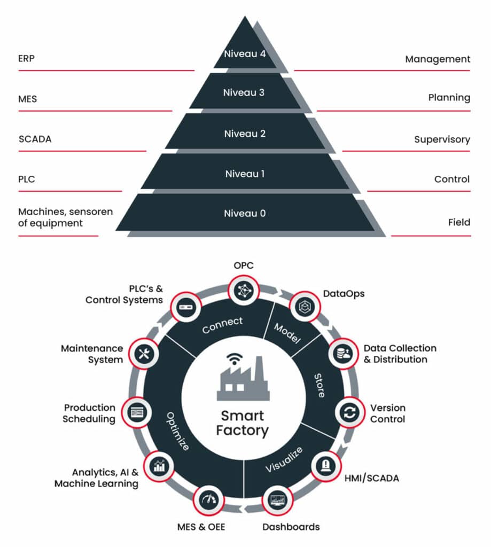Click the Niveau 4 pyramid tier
click(x=245, y=53)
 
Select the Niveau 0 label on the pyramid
click(x=245, y=213)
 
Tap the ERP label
click(x=26, y=58)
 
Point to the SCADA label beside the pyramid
click(x=35, y=139)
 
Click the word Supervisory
click(x=442, y=139)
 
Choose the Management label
click(x=438, y=59)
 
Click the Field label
click(x=459, y=222)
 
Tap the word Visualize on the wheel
click(x=285, y=459)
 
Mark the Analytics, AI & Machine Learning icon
click(x=160, y=465)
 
